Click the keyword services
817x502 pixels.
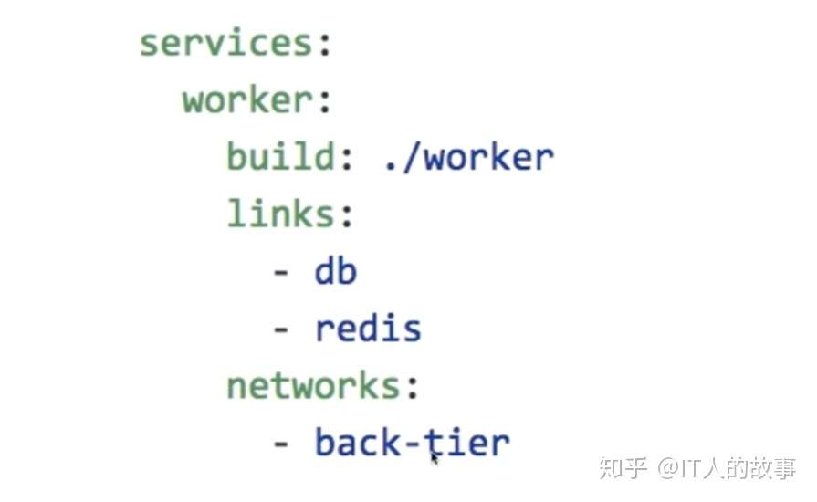coord(225,44)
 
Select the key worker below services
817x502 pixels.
coord(247,100)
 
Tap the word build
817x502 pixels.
coord(279,157)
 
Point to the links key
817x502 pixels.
coord(279,214)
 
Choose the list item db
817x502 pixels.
coord(335,272)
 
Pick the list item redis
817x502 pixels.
coord(368,329)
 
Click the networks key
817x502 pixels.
coord(313,386)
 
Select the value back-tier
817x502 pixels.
coord(412,443)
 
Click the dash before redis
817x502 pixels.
coord(281,330)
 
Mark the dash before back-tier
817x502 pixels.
coord(281,444)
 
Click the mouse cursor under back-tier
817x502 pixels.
coord(435,456)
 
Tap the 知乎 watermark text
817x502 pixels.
coord(623,468)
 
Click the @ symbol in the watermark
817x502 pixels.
coord(667,469)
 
